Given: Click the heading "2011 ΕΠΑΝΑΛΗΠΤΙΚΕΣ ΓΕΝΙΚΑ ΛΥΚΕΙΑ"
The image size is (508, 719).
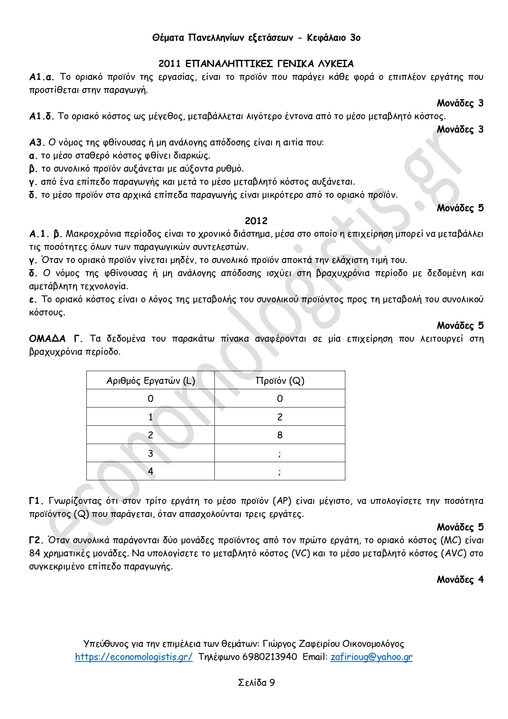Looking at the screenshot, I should (256, 64).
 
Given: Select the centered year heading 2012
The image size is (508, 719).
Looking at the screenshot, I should (256, 221).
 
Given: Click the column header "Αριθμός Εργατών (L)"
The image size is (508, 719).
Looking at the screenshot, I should (151, 381).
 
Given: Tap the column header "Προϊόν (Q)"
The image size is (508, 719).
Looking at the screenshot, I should (280, 381).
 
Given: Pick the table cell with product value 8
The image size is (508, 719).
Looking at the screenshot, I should (280, 435).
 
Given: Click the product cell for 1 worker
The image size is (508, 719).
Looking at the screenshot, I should (280, 417).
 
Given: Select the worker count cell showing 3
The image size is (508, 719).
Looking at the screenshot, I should (151, 453).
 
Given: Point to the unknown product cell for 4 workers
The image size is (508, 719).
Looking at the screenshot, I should (280, 472).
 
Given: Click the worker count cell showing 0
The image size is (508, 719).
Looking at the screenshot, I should (151, 399).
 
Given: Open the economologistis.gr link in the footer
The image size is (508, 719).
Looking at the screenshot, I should (133, 657).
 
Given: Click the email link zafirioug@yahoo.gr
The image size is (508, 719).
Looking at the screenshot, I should (371, 657).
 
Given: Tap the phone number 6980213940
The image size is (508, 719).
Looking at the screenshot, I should (270, 657).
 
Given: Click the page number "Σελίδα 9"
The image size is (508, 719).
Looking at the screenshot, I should (256, 683).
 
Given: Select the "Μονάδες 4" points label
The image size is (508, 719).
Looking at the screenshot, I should (460, 580).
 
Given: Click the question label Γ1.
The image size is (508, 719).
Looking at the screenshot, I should (36, 501).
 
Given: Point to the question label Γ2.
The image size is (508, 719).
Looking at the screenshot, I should (36, 540).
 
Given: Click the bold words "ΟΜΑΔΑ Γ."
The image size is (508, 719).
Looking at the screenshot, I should (56, 339).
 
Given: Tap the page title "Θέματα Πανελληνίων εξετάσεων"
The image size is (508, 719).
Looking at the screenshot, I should (223, 38).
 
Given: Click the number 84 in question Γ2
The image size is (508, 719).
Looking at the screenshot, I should (35, 553).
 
